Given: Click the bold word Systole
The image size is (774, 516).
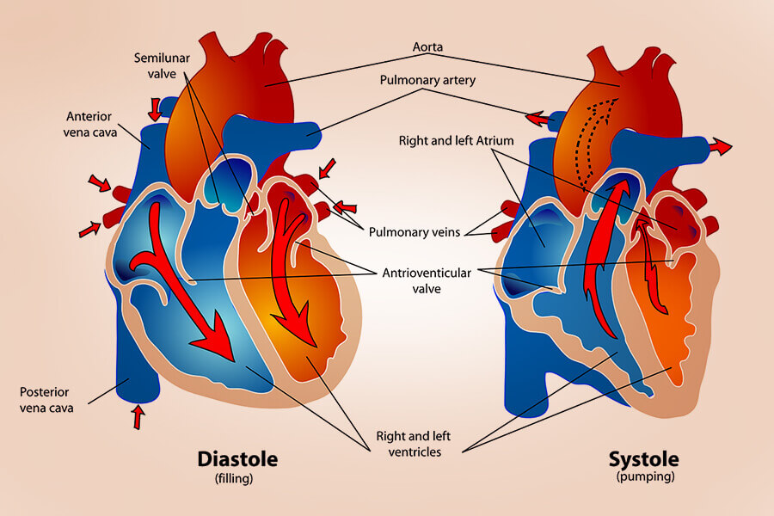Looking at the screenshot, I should coord(644,458).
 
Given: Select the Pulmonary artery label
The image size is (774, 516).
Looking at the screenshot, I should coord(427,80).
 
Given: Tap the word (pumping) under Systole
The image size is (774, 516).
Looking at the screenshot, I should coord(644,476).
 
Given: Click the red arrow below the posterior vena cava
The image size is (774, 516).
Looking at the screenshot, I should coord(138,418).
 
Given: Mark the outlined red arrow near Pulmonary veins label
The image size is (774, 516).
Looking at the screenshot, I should coord(344,206).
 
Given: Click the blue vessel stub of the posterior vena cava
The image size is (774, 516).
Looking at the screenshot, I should coord(136,378).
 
